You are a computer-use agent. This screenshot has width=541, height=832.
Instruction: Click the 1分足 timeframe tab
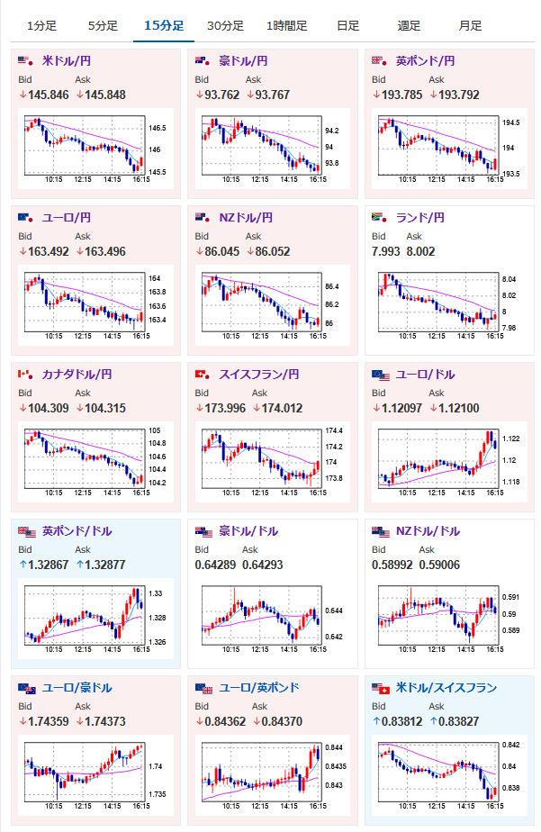pos(41,25)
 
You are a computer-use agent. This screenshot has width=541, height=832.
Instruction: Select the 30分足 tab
pos(223,25)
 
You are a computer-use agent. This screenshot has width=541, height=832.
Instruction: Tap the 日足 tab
pos(348,25)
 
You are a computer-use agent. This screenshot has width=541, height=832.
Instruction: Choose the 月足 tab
pos(469,25)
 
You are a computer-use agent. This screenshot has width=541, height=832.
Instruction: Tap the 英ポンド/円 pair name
pos(425,61)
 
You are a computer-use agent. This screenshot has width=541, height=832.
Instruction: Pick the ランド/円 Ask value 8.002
pos(421,251)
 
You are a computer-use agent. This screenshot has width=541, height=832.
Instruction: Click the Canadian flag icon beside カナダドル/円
pos(25,374)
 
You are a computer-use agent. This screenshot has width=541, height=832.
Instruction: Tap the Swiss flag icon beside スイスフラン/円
pos(202,374)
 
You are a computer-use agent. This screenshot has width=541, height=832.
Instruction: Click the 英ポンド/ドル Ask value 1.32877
pos(103,565)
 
